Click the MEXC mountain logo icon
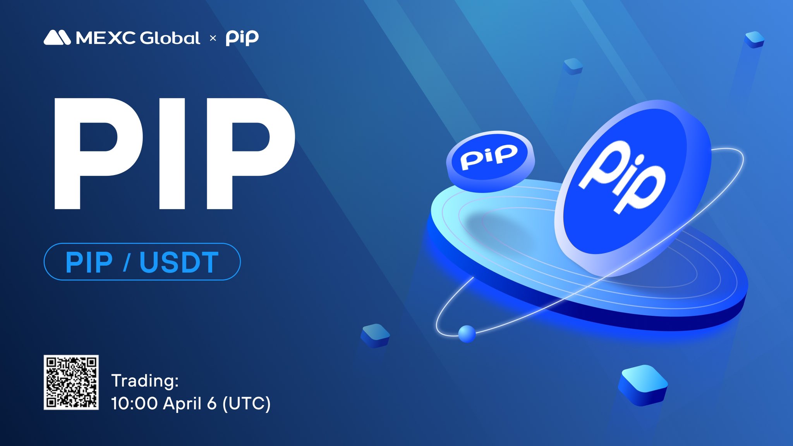coord(57,38)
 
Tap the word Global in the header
coord(170,38)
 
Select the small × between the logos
coord(213,38)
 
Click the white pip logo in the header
coord(242,38)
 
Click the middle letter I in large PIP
coord(172,153)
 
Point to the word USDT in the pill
coord(179,262)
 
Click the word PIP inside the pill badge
coord(89,262)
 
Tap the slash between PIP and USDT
coord(126,262)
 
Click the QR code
coord(71,382)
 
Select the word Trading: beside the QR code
coord(145,381)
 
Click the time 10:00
coord(134,403)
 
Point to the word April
coord(182,403)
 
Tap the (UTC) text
coord(246,403)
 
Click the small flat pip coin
coord(491,161)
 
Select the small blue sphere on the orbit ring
coord(467,334)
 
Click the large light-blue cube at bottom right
coord(643,385)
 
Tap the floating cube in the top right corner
coord(754,39)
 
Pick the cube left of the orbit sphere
coord(375,336)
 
